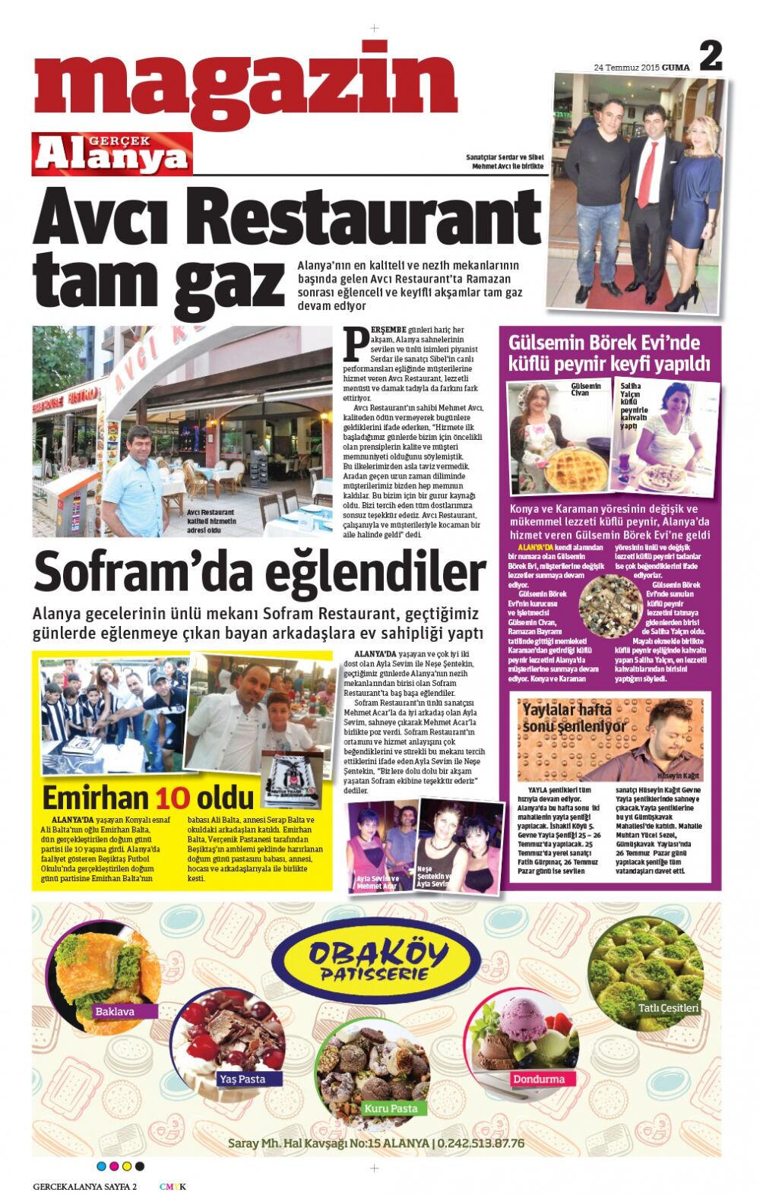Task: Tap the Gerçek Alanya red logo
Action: coord(112,153)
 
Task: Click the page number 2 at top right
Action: coord(710,56)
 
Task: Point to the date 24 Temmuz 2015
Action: coord(626,68)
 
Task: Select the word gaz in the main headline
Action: coord(230,284)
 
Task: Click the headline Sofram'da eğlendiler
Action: coord(258,572)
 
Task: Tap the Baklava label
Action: coord(115,1011)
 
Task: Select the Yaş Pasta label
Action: coord(242,1079)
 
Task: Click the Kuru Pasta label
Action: coord(391,1108)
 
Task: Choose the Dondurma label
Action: coord(539,1079)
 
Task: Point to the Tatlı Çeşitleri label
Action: coord(668,1008)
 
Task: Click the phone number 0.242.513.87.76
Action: coord(481,1143)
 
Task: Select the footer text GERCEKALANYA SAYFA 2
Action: coord(84,1187)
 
